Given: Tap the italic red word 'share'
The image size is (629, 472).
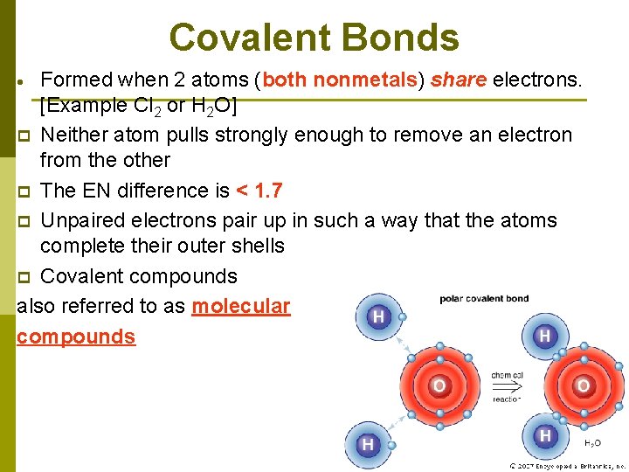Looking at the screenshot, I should click(459, 80).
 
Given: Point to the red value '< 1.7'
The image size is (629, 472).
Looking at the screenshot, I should click(259, 191).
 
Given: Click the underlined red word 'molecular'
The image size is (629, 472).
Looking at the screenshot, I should click(240, 306).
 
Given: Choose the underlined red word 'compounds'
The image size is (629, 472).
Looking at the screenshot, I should click(76, 337).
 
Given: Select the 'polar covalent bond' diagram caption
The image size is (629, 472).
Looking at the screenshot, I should click(484, 299).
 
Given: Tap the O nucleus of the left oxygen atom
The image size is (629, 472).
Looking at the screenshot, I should click(439, 385).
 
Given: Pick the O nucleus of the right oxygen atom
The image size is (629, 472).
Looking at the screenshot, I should click(583, 385).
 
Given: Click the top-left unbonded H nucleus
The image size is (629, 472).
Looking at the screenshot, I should click(378, 316).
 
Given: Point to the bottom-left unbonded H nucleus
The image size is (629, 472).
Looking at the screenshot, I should click(368, 445).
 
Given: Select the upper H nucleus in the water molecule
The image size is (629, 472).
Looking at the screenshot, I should click(544, 336).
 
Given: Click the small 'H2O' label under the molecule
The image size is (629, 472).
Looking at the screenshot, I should click(591, 444).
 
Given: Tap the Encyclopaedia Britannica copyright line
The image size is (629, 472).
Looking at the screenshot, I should click(568, 466).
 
